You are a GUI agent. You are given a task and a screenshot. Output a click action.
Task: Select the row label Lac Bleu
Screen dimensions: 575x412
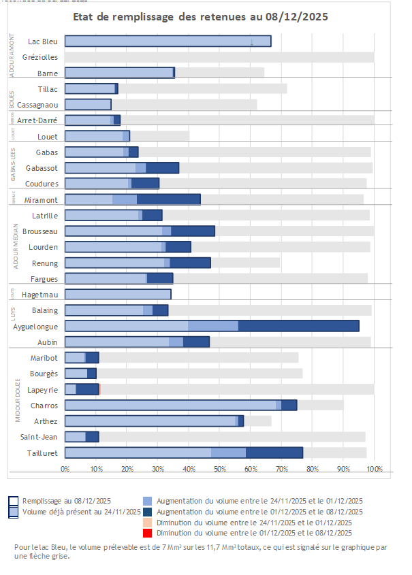[x=42, y=42]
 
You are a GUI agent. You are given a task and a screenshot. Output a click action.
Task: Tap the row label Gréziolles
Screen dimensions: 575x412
[x=40, y=58]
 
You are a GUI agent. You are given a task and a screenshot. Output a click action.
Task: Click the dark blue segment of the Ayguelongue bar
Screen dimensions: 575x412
[x=298, y=326]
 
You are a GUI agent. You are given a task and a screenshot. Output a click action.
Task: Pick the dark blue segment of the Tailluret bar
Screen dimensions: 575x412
[x=274, y=453]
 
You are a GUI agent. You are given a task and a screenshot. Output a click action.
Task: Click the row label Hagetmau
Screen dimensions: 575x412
[x=39, y=295]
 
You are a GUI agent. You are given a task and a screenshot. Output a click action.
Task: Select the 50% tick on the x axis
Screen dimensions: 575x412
[x=219, y=469]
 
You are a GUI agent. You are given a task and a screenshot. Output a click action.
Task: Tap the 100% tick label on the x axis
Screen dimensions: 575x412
[x=374, y=469]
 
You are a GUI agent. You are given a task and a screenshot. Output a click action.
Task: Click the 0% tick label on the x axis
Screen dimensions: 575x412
[x=65, y=469]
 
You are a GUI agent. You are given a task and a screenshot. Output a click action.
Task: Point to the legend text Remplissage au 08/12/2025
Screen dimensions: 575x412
[x=66, y=500]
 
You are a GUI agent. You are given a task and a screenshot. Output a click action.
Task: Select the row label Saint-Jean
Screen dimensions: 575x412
[x=40, y=436]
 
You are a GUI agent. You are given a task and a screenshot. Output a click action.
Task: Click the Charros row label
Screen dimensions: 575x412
[x=44, y=405]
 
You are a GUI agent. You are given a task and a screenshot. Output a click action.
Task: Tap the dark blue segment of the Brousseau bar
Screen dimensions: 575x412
[x=193, y=231]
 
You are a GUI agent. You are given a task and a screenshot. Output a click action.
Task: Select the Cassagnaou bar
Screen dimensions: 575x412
[x=88, y=104]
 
